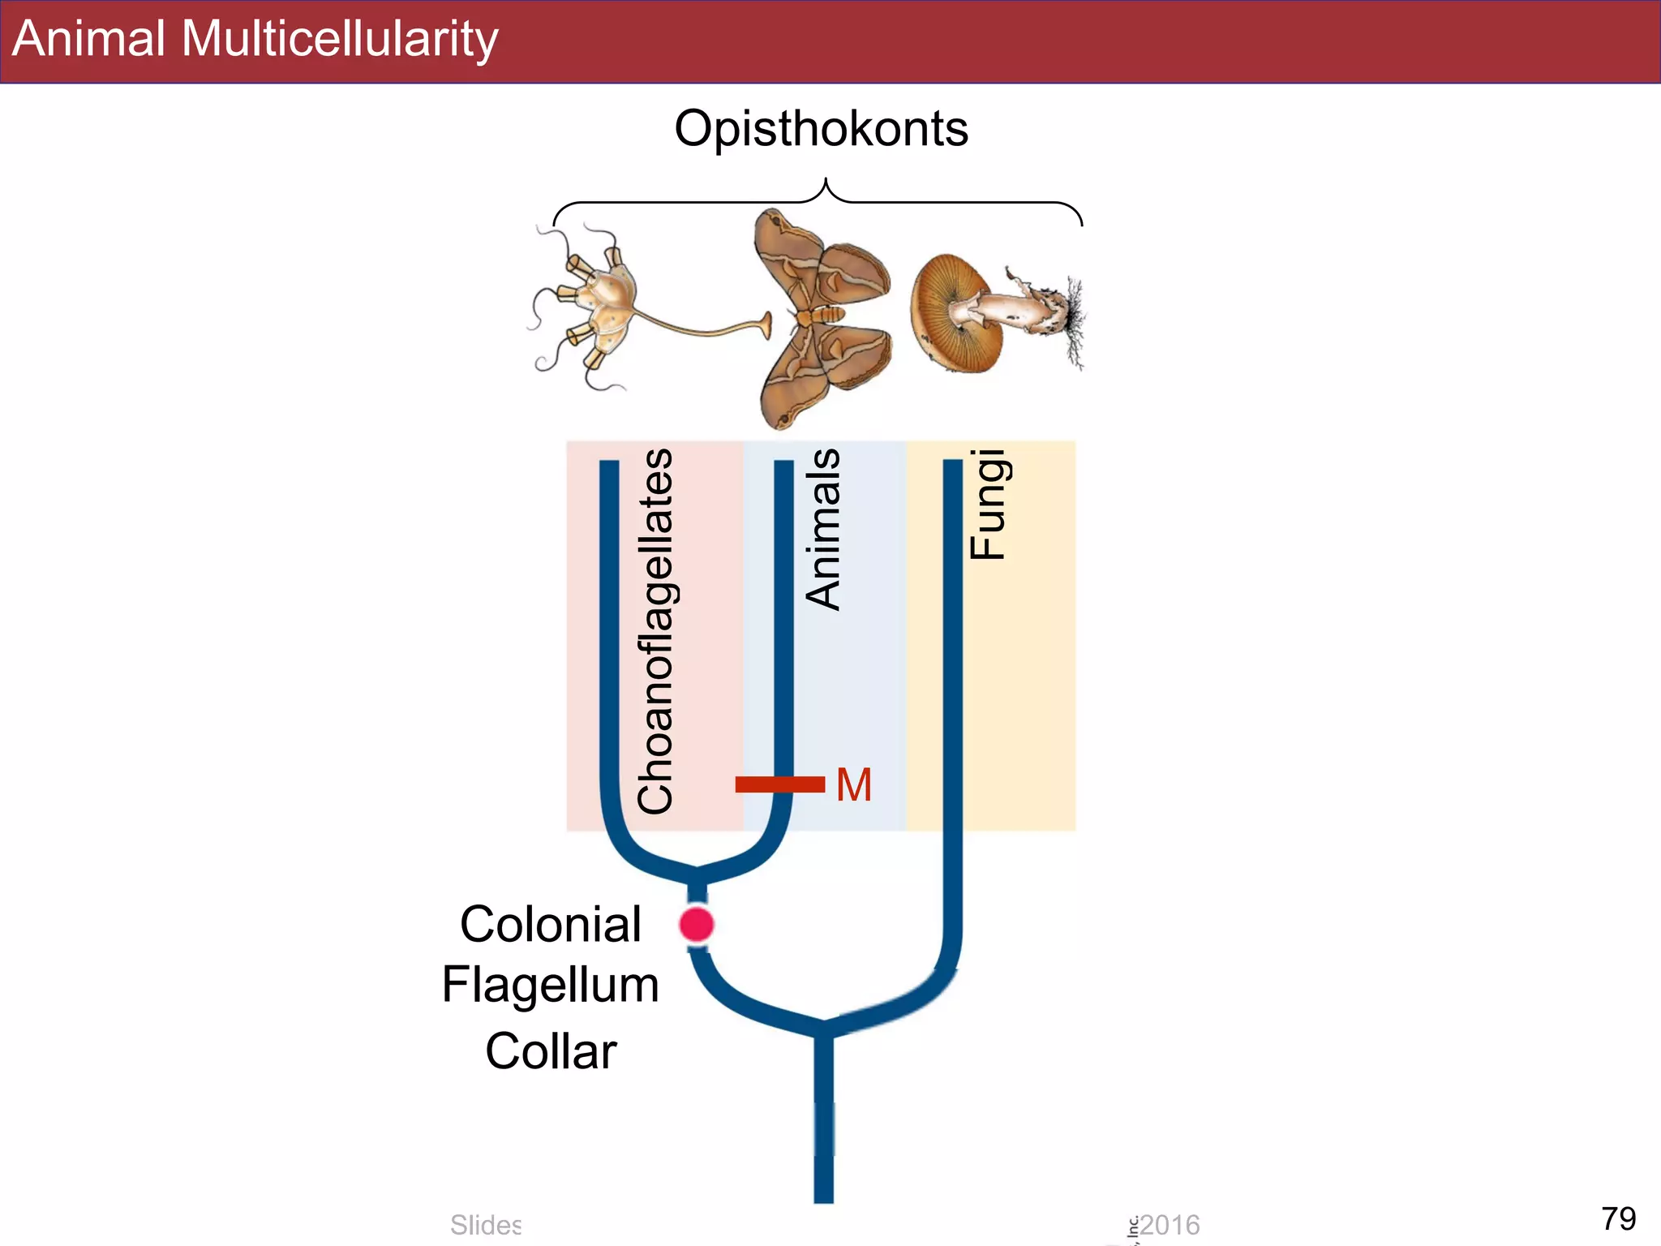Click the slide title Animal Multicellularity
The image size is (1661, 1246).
(x=255, y=39)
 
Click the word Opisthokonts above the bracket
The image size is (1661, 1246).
(x=821, y=129)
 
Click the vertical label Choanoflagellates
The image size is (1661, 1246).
(x=655, y=631)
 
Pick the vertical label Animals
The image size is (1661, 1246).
(x=822, y=529)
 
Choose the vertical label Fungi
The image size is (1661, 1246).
(x=988, y=505)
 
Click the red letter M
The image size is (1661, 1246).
(x=854, y=785)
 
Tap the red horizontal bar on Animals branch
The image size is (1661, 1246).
(x=779, y=784)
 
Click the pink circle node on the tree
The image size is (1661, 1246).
(x=697, y=924)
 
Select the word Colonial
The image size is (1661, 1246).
(x=551, y=925)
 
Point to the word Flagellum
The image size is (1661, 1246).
(x=551, y=986)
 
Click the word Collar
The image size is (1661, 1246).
(x=551, y=1051)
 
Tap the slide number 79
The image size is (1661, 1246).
(x=1618, y=1218)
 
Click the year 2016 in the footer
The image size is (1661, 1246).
(x=1170, y=1225)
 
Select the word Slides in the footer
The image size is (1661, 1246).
(x=486, y=1225)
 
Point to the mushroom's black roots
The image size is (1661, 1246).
(x=1073, y=320)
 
